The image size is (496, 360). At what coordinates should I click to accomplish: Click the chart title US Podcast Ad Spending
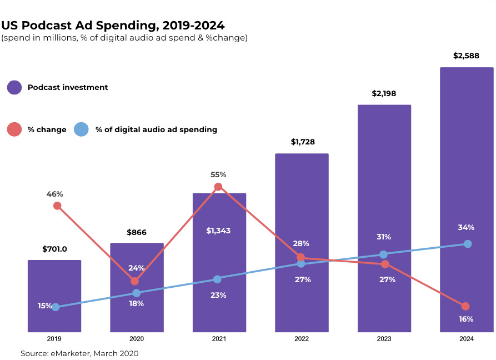click(113, 25)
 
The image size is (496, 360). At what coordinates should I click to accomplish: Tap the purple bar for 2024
click(467, 167)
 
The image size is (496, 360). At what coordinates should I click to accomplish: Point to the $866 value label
click(136, 232)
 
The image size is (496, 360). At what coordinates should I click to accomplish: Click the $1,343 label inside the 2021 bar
click(218, 230)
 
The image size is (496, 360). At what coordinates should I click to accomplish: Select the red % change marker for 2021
click(218, 187)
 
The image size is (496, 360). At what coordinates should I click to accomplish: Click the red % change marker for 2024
click(465, 306)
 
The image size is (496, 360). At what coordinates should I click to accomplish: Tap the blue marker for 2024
click(468, 244)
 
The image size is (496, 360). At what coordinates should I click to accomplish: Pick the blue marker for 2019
click(56, 307)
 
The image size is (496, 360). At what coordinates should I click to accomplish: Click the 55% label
click(218, 174)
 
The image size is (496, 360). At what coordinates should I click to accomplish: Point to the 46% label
click(55, 194)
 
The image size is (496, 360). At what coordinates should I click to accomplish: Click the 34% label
click(466, 227)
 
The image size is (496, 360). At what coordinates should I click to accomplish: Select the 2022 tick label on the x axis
click(301, 339)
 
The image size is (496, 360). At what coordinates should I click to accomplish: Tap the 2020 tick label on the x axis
click(137, 339)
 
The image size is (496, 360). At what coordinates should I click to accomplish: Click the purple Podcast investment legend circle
click(14, 87)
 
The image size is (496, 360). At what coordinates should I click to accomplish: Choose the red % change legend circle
click(14, 129)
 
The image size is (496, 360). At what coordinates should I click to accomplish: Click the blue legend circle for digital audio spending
click(82, 129)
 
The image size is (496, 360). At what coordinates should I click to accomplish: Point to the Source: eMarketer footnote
click(79, 353)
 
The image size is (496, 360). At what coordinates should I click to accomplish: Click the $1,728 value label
click(303, 142)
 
